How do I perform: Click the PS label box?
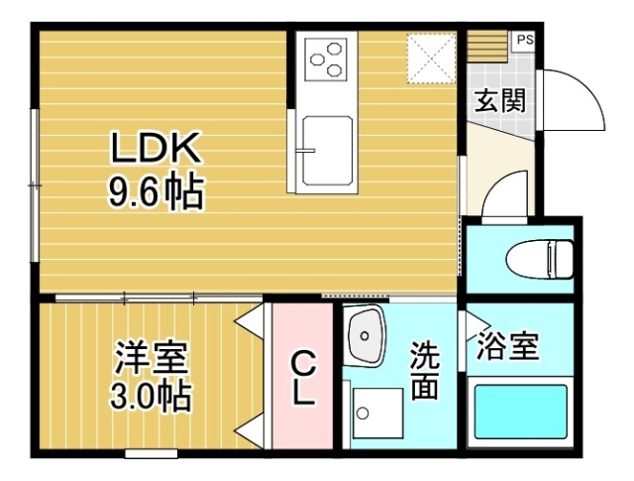(x=523, y=41)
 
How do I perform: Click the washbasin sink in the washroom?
(x=367, y=338)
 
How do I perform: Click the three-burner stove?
(x=326, y=60)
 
